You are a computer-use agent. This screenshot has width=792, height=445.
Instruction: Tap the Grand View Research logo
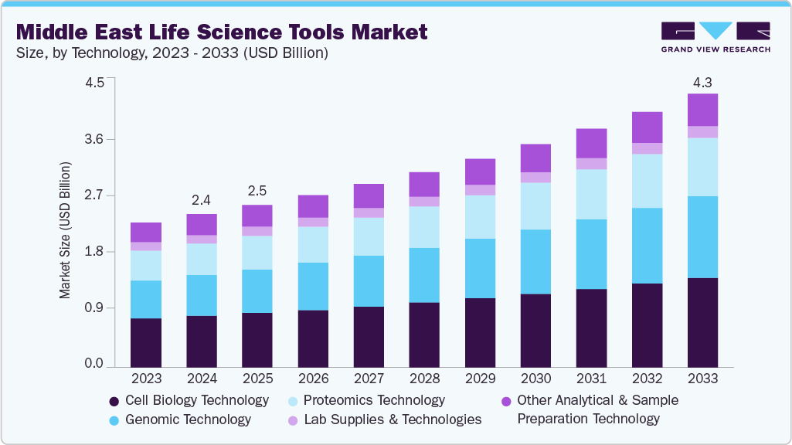(x=716, y=36)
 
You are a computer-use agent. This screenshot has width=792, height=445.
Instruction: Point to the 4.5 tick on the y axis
(x=93, y=83)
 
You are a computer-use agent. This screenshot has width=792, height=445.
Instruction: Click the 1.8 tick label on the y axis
(x=93, y=252)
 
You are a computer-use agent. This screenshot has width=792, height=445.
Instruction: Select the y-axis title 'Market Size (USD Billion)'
(x=65, y=230)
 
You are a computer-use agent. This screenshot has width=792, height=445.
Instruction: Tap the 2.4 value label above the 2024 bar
(x=201, y=200)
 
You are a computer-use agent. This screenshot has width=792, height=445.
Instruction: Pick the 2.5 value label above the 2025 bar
(x=257, y=191)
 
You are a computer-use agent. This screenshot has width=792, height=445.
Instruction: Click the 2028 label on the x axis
(x=424, y=379)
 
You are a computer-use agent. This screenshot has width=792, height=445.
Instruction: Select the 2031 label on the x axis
(x=591, y=379)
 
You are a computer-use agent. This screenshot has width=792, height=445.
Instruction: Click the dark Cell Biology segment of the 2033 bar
(x=702, y=321)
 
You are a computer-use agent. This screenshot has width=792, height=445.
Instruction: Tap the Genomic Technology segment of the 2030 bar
(x=535, y=261)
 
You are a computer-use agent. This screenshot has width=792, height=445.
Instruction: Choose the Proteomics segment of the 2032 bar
(x=647, y=181)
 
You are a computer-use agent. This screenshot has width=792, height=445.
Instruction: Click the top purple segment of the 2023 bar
(x=146, y=232)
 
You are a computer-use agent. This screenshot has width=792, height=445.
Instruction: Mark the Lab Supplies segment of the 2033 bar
(x=702, y=132)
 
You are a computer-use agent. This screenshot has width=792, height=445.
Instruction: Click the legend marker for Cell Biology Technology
(x=114, y=401)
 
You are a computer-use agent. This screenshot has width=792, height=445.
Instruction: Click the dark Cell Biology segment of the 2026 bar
(x=313, y=338)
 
